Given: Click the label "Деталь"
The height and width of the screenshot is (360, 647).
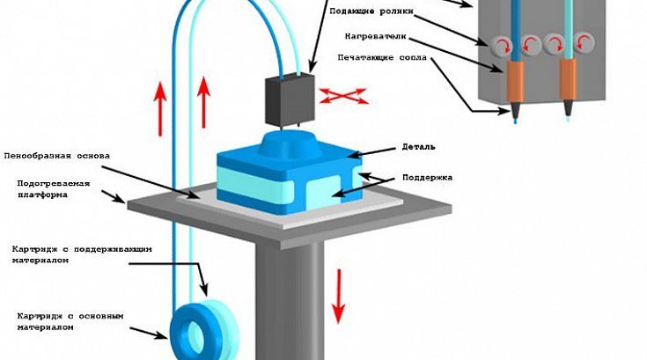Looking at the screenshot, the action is coord(418,147).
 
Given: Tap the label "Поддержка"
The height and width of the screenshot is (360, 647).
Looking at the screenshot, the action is coord(428,177).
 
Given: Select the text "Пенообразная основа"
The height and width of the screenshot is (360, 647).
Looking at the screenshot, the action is coord(57,156).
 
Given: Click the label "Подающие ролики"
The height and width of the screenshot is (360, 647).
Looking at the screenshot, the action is coord(371,11).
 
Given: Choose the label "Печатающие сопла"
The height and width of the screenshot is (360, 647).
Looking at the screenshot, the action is coord(382,57).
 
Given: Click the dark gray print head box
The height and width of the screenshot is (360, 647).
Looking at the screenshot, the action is coord(290,99).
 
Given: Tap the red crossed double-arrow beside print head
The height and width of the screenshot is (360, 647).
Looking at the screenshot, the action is coord(343,96).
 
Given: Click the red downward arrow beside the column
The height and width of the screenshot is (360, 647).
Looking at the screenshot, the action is coord(339,296).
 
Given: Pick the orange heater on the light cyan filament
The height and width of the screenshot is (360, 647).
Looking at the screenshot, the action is coord(568,79).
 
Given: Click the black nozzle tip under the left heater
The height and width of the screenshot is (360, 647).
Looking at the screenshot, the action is coord(515,110).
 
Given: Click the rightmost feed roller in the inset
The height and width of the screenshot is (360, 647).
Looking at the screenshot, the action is coord(584,43).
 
